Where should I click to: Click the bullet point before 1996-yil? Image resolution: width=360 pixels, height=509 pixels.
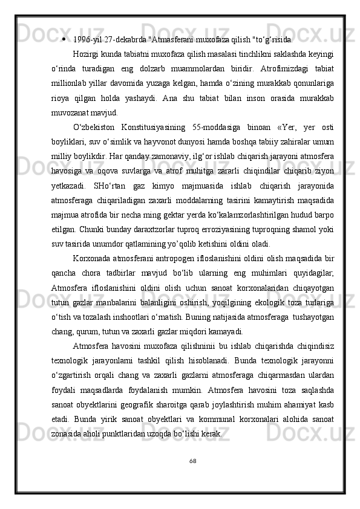(x=64, y=41)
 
